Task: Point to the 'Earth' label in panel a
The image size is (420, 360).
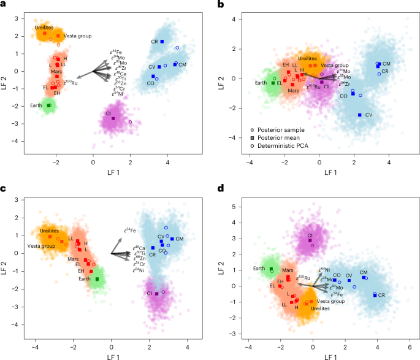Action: coord(36,105)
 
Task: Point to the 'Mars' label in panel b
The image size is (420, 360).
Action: coord(294,90)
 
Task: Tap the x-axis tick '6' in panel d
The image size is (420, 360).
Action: coord(408,344)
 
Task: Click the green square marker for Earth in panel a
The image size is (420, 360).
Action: coord(48,105)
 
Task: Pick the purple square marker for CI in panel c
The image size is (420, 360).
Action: coord(157,294)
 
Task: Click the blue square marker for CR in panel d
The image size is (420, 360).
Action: coord(375,295)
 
